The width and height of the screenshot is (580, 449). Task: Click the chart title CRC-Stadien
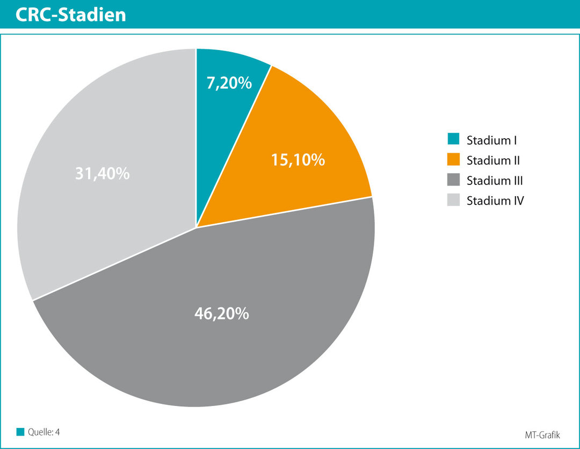click(x=71, y=15)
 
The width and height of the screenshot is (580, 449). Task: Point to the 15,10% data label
click(x=298, y=159)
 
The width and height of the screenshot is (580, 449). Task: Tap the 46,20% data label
click(x=221, y=313)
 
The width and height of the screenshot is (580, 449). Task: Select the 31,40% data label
click(x=102, y=174)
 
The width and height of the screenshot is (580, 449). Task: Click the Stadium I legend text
click(x=492, y=141)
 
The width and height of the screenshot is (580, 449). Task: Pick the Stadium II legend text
click(x=493, y=160)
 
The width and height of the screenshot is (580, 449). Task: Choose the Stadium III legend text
click(x=495, y=180)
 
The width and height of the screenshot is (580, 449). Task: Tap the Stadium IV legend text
click(x=495, y=201)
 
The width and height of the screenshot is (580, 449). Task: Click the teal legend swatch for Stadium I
click(x=453, y=140)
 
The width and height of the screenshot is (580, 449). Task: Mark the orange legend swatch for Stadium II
click(x=453, y=160)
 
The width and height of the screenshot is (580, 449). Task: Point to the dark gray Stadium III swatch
click(x=453, y=180)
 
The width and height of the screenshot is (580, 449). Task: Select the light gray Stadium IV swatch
click(x=453, y=200)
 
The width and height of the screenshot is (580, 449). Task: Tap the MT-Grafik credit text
click(x=542, y=434)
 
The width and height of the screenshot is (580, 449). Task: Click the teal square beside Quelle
click(x=20, y=431)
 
